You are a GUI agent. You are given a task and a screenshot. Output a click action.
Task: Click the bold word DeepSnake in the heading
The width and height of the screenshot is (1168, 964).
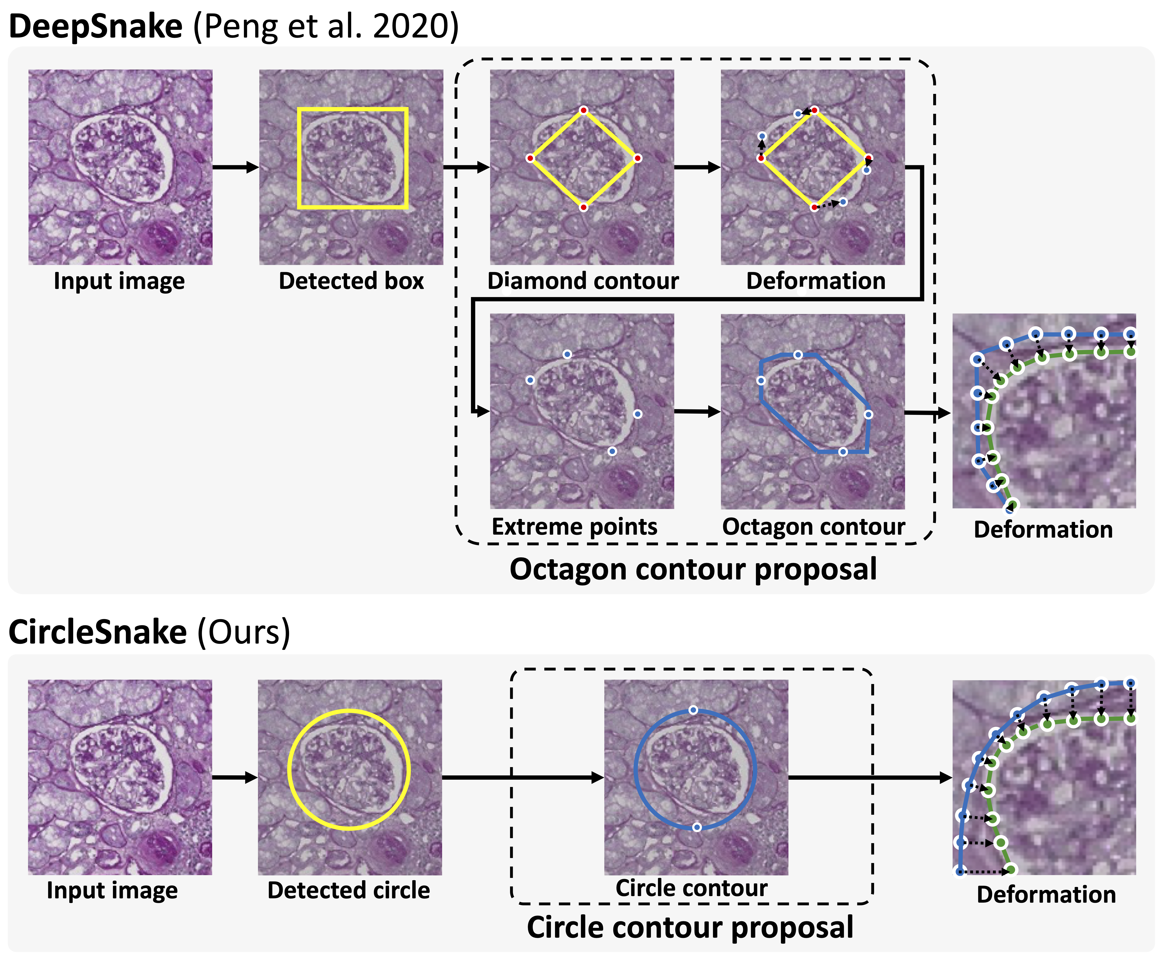click(x=95, y=27)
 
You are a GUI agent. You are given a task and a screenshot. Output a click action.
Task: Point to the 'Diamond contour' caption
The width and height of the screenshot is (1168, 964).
click(x=583, y=281)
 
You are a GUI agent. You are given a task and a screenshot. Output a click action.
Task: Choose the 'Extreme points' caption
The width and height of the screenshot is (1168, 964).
click(x=575, y=526)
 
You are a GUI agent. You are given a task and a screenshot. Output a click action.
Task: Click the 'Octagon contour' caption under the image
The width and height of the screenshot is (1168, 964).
click(x=813, y=526)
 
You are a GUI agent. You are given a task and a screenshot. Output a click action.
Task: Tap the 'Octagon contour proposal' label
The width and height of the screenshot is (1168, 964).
click(x=693, y=569)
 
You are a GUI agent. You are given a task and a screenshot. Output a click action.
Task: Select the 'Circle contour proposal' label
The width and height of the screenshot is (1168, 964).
click(x=690, y=927)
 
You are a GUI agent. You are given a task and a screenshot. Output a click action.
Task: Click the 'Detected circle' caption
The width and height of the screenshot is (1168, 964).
click(x=349, y=890)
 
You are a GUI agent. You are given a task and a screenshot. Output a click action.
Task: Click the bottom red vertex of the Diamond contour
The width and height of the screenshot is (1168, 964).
click(x=583, y=207)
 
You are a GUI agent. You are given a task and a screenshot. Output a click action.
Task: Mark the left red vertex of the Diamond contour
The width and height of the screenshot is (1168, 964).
click(x=530, y=158)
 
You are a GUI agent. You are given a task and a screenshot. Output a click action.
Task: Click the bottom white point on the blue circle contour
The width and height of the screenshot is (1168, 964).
click(x=697, y=827)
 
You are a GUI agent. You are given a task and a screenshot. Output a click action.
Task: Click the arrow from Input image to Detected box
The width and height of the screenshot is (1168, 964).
click(x=235, y=167)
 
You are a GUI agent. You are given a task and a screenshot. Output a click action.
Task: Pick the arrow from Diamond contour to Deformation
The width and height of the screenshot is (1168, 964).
click(x=697, y=167)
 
